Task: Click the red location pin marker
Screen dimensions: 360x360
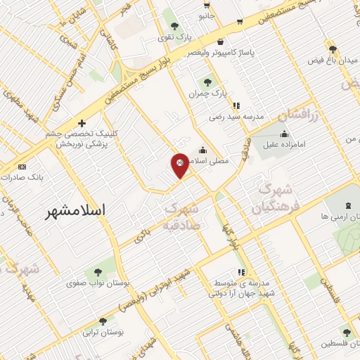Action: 180,165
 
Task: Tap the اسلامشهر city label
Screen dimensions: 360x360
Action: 78,210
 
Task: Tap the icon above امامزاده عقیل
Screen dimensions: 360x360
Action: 284,135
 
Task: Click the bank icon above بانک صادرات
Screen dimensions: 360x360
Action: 22,167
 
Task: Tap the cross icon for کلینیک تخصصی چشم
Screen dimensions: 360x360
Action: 82,123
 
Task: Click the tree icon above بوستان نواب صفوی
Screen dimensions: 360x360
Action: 97,271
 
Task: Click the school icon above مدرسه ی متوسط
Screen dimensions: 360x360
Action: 241,271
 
